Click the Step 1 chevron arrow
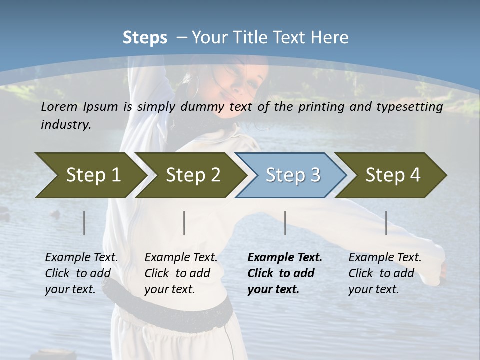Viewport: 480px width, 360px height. [x=90, y=175]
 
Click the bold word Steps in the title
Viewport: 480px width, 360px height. [x=145, y=38]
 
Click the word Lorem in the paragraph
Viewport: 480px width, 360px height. [x=59, y=106]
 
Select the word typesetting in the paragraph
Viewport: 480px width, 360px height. [x=414, y=107]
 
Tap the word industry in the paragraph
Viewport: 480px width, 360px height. [x=65, y=125]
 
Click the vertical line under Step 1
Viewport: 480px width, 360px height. [x=84, y=223]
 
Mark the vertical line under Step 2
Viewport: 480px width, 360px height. [x=184, y=223]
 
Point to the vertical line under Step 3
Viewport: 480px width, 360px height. [x=285, y=223]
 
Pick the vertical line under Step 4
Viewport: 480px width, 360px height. [x=386, y=223]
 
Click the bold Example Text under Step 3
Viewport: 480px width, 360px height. [x=285, y=258]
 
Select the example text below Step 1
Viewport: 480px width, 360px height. [x=81, y=273]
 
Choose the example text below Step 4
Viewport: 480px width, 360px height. [x=385, y=273]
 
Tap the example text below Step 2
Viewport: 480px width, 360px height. [x=181, y=273]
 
